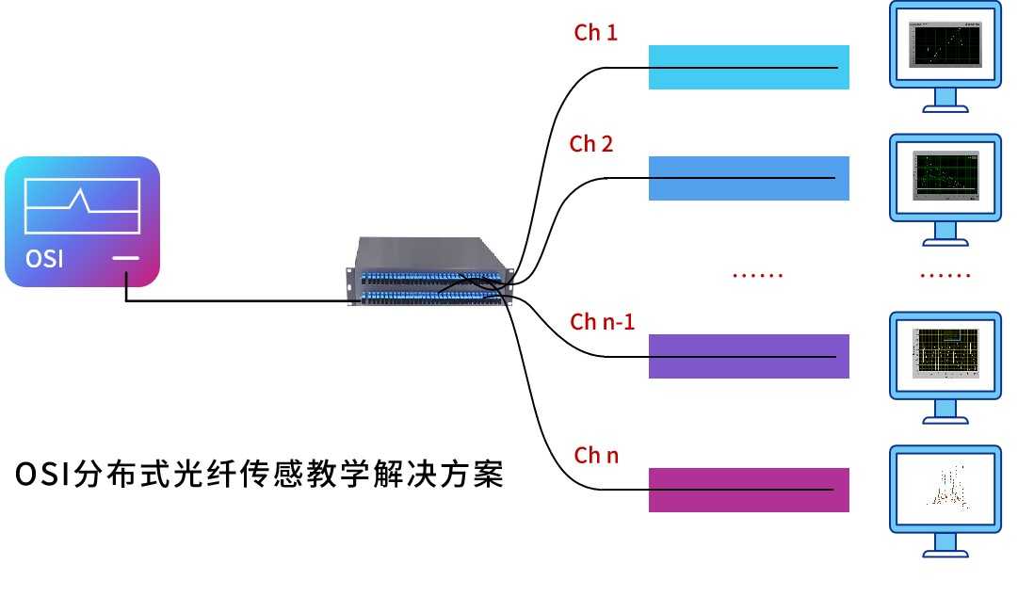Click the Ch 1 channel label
click(x=595, y=33)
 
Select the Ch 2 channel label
click(x=591, y=144)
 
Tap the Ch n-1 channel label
click(x=603, y=322)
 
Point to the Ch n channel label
click(x=596, y=456)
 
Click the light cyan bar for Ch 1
click(x=749, y=67)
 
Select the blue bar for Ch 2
click(x=749, y=178)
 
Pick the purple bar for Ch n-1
click(x=749, y=356)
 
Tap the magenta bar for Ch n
click(x=749, y=490)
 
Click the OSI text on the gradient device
click(x=44, y=257)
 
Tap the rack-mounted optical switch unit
click(x=428, y=273)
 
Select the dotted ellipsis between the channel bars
click(x=757, y=276)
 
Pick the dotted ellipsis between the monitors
click(x=945, y=276)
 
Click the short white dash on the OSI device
click(x=125, y=258)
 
